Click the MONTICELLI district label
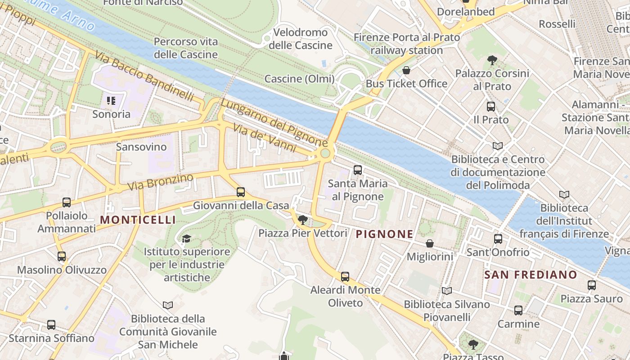tap(138, 220)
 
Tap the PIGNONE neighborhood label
tap(384, 234)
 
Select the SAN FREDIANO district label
tap(531, 274)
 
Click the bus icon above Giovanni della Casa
tap(241, 192)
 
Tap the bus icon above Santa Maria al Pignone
tap(358, 170)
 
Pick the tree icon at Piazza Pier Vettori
tap(303, 220)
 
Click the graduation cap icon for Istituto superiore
tap(187, 238)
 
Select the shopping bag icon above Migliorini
tap(430, 243)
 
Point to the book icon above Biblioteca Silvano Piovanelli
tap(446, 291)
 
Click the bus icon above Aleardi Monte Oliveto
tap(345, 276)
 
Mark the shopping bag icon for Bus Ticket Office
tap(406, 70)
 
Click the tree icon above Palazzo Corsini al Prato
tap(492, 60)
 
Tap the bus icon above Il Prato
tap(491, 107)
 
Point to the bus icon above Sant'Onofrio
tap(498, 239)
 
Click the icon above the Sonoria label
tap(111, 100)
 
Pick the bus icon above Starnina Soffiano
tap(51, 324)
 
